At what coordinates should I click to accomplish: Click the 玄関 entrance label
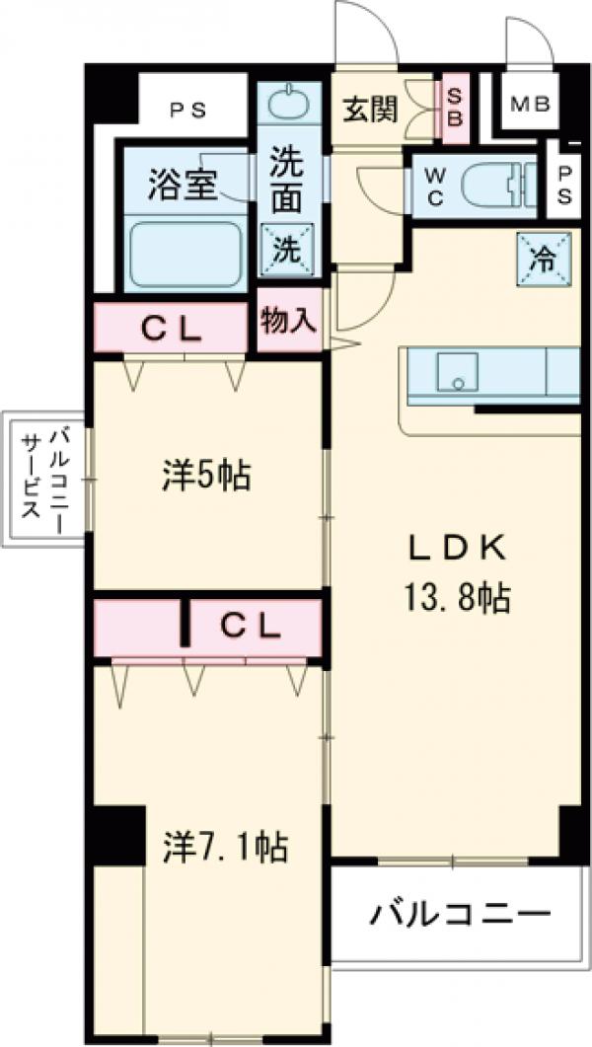(x=370, y=109)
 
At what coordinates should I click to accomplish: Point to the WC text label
(x=435, y=185)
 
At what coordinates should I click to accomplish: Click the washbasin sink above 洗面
(x=289, y=103)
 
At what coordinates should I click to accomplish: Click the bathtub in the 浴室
(x=185, y=254)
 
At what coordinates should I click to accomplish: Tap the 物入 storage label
(x=288, y=321)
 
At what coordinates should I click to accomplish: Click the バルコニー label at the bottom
(x=460, y=915)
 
